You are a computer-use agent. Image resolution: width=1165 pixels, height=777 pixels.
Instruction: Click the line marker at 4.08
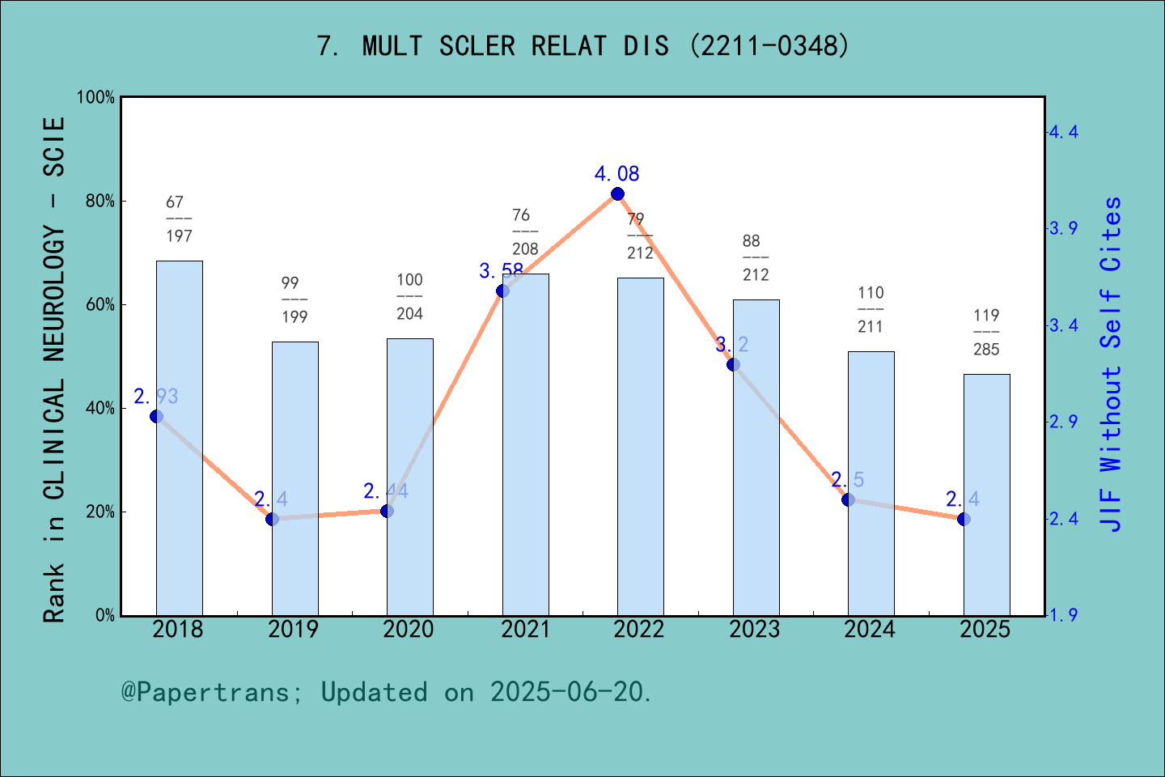click(x=617, y=193)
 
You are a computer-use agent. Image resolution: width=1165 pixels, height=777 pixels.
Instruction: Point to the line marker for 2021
click(x=502, y=291)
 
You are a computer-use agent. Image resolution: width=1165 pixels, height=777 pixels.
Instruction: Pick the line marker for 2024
click(x=848, y=499)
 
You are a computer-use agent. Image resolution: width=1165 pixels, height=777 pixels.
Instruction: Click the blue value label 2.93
click(x=156, y=397)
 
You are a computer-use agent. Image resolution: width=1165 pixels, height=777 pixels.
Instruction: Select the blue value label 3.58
click(x=501, y=271)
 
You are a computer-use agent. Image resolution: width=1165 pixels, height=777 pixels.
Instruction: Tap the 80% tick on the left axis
click(x=100, y=202)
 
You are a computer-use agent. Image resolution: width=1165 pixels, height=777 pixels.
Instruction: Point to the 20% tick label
click(x=100, y=512)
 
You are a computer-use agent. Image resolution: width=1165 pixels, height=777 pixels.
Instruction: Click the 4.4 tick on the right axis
click(x=1064, y=132)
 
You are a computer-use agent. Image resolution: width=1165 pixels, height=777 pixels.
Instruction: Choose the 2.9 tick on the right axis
click(x=1064, y=422)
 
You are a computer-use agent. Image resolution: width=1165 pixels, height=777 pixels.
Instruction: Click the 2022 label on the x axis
click(x=639, y=630)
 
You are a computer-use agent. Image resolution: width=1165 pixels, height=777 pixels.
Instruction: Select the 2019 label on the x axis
click(x=294, y=630)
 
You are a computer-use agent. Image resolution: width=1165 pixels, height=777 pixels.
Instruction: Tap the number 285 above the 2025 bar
click(x=986, y=350)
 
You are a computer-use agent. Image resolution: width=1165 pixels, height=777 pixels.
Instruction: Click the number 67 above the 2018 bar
click(x=175, y=202)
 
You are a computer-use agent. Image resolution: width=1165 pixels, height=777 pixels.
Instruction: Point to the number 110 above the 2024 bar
click(x=871, y=293)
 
